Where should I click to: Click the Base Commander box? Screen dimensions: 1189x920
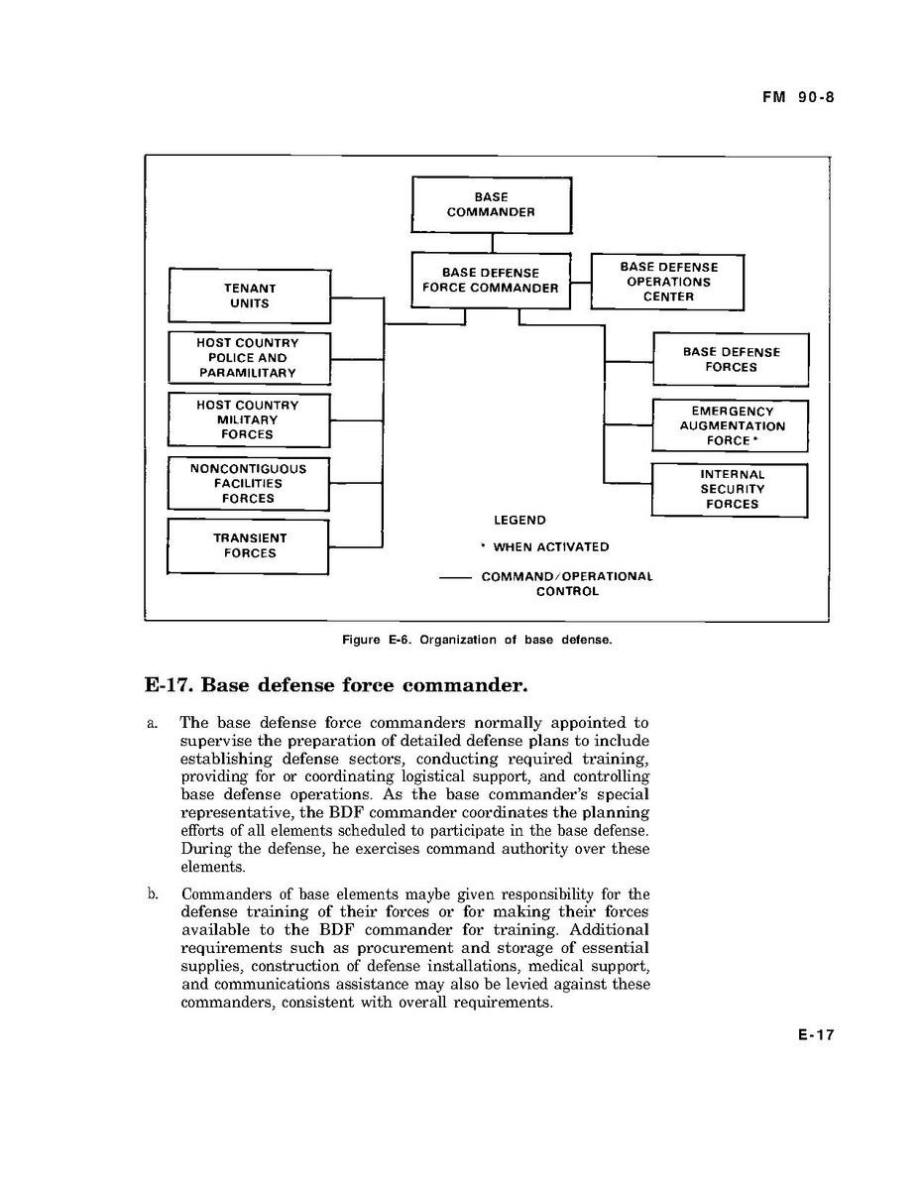click(x=491, y=205)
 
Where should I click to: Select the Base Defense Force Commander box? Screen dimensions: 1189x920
click(x=491, y=281)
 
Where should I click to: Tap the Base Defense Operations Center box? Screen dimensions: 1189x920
click(x=667, y=282)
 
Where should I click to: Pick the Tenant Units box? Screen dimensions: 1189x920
click(x=249, y=296)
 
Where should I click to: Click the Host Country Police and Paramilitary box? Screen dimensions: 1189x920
click(x=248, y=358)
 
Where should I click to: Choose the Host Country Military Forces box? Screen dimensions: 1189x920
click(x=248, y=420)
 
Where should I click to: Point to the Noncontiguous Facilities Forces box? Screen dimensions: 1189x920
click(x=248, y=484)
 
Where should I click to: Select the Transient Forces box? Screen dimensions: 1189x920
click(x=248, y=546)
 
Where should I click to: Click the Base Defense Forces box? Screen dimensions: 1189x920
click(x=731, y=359)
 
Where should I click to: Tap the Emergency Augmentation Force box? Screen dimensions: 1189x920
click(x=731, y=425)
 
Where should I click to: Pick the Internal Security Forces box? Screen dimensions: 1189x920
click(x=731, y=490)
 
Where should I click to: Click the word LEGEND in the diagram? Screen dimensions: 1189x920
click(x=519, y=520)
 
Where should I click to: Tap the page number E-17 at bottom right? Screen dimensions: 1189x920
click(x=816, y=1035)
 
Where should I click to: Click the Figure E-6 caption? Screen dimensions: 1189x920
click(x=477, y=640)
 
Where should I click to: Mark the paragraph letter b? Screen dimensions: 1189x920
click(x=154, y=894)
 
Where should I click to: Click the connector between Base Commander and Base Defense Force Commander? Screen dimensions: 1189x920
click(x=493, y=243)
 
